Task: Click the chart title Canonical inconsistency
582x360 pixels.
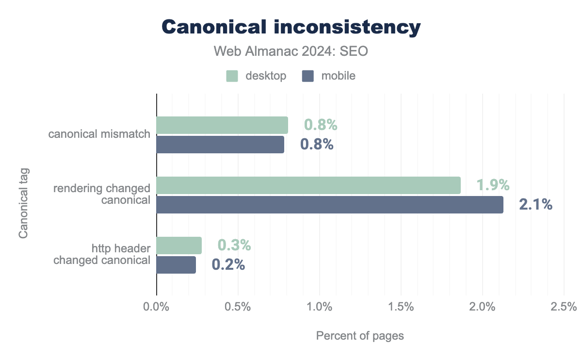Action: click(291, 27)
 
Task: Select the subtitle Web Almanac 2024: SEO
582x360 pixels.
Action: click(291, 51)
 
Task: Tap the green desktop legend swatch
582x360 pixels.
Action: click(232, 76)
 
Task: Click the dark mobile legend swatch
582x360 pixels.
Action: click(307, 76)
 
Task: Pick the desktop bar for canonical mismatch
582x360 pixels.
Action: click(222, 125)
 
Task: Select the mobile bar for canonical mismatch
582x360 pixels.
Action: click(220, 145)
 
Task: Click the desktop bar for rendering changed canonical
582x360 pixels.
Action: click(308, 185)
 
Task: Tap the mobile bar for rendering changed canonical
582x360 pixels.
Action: click(330, 205)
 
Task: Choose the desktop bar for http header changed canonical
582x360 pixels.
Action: click(179, 245)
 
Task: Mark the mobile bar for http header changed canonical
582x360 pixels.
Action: click(176, 265)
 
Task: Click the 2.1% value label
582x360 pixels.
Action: click(536, 205)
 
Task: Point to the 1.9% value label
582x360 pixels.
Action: click(493, 185)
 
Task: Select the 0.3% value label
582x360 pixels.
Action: click(234, 245)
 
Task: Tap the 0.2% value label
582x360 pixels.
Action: click(228, 265)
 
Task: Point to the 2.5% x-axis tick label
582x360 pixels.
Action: click(564, 307)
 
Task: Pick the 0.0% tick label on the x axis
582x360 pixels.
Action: click(157, 307)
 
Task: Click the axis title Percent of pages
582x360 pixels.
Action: click(360, 336)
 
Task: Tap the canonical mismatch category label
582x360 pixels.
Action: click(99, 134)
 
